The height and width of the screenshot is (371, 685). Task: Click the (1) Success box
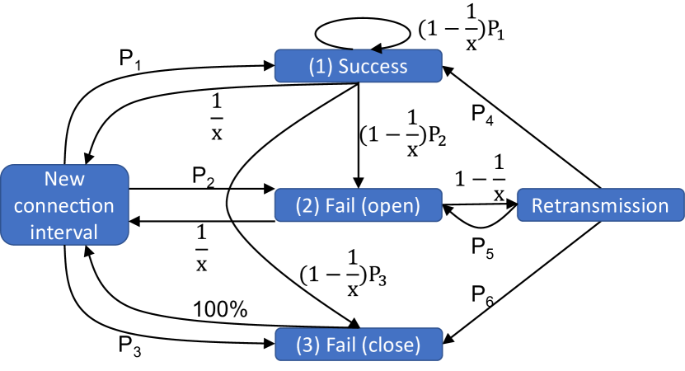point(358,66)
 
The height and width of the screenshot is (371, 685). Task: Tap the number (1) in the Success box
point(320,67)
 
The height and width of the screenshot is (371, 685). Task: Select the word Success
point(373,67)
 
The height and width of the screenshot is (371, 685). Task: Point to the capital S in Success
point(344,67)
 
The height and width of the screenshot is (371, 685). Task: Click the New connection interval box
point(65,204)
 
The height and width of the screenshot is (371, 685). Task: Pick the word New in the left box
point(64,179)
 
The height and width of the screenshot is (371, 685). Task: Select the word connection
point(64,205)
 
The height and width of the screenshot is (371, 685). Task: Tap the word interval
point(64,232)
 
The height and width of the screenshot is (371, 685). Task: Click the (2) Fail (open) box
point(358,205)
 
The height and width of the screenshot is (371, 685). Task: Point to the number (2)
point(307,205)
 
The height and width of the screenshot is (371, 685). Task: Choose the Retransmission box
point(600,205)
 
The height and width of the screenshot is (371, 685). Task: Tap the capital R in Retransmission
point(537,205)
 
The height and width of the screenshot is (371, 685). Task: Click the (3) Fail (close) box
point(358,345)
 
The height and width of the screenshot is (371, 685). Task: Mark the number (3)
point(307,345)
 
